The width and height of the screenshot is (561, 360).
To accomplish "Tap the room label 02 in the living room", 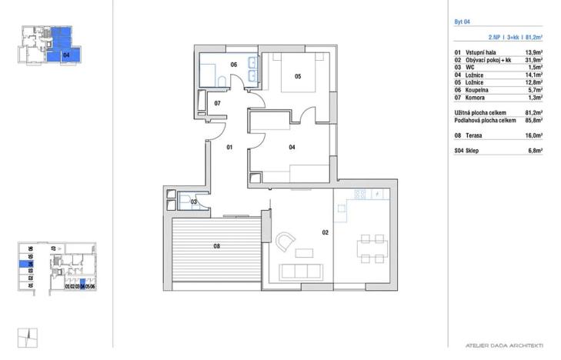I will (326, 232).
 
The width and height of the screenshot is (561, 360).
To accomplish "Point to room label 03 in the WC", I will (194, 202).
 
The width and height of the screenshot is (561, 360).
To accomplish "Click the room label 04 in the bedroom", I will (292, 146).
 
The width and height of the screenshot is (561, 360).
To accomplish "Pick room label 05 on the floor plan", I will (297, 76).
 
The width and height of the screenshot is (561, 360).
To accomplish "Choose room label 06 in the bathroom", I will (234, 65).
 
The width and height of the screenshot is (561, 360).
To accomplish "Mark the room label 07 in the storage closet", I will (218, 102).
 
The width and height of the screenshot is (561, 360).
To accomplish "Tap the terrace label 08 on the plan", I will (217, 247).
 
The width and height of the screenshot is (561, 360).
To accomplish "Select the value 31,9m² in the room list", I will (533, 60).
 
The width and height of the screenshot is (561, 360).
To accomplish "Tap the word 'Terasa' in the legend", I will (475, 135).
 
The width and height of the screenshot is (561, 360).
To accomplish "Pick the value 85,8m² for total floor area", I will (533, 120).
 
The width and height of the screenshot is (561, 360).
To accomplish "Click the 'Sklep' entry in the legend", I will (473, 151).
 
